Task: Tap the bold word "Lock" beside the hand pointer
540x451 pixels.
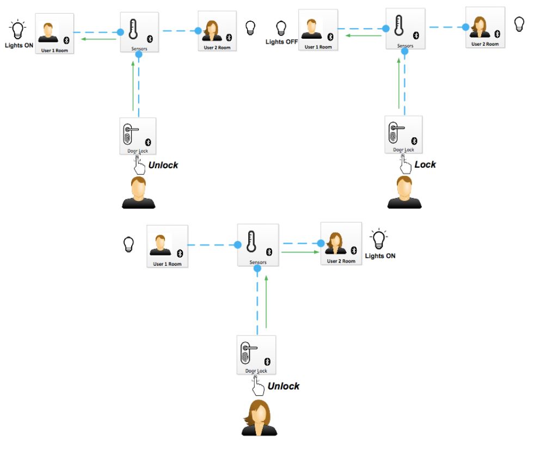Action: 425,164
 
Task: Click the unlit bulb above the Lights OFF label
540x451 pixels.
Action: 281,27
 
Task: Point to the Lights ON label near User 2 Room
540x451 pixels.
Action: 380,255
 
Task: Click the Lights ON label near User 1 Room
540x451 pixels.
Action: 19,45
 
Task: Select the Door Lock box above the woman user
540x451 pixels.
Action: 256,355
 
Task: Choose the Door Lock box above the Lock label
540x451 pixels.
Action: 403,135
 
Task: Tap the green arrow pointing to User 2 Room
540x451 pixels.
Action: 300,252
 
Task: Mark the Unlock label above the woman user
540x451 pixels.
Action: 284,386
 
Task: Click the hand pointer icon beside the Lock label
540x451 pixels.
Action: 404,162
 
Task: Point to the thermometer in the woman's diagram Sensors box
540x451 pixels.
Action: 251,242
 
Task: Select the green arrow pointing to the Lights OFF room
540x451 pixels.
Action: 364,36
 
